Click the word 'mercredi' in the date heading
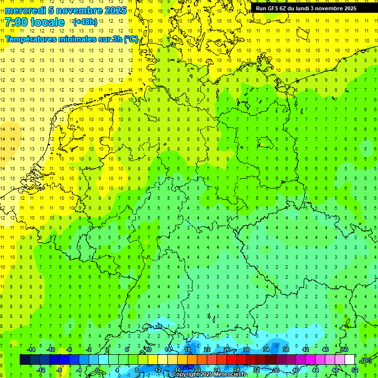[x=24, y=10]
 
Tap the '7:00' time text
[x=17, y=22]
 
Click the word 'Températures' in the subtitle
[x=30, y=39]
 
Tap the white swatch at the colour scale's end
[x=350, y=360]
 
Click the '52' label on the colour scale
[x=354, y=370]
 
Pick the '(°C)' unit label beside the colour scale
[x=366, y=360]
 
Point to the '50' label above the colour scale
[x=345, y=349]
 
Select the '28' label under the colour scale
[x=237, y=370]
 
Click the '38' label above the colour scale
[x=285, y=349]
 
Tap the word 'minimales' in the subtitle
[x=76, y=39]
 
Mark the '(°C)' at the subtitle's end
[x=130, y=39]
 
